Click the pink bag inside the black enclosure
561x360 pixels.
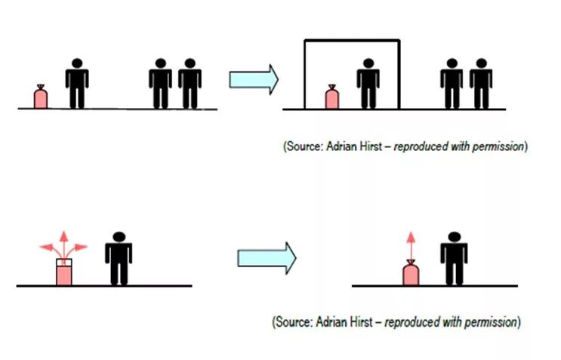point(331,98)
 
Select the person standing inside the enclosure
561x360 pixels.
point(367,84)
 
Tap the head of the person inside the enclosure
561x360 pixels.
point(367,64)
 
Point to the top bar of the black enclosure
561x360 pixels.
point(351,41)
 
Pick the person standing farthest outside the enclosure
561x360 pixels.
point(480,84)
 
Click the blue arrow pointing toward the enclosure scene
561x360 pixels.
point(254,78)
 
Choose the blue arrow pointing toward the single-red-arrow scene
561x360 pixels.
point(267,258)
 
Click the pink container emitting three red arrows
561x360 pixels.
point(64,272)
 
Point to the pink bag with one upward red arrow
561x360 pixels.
point(411,273)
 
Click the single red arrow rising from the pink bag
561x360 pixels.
point(411,245)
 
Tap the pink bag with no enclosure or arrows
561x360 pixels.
point(41,97)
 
